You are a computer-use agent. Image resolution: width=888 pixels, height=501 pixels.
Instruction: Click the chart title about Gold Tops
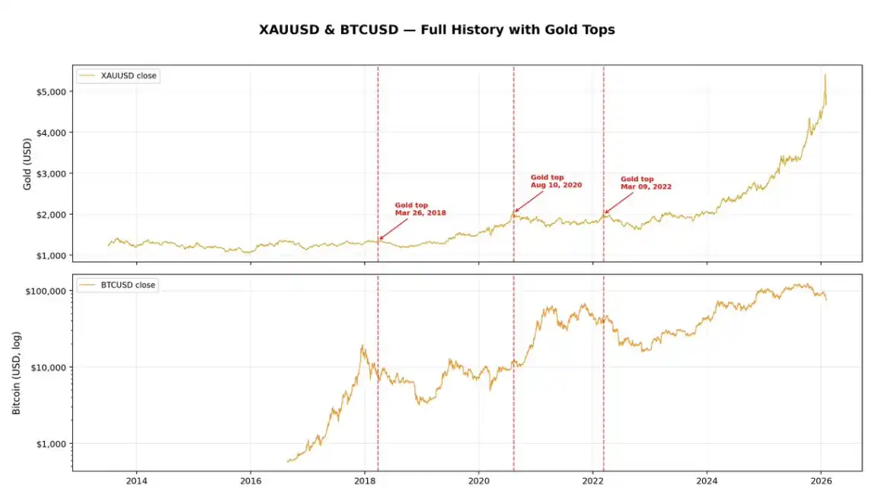click(x=437, y=30)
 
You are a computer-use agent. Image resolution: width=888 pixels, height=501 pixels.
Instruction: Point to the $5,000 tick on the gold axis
click(x=50, y=91)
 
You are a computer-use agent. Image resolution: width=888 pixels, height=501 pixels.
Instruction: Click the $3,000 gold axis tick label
click(x=50, y=174)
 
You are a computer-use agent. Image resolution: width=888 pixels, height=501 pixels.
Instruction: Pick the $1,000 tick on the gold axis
click(x=50, y=255)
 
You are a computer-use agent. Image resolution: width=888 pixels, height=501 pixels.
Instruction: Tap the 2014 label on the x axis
click(x=136, y=481)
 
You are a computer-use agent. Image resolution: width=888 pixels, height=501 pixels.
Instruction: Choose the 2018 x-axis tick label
click(x=365, y=481)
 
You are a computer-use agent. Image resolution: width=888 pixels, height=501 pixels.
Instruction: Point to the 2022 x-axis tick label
click(x=593, y=481)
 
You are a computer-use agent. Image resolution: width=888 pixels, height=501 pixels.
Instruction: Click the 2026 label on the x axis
click(x=820, y=481)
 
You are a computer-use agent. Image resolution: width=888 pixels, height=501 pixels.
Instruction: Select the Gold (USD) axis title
click(x=27, y=164)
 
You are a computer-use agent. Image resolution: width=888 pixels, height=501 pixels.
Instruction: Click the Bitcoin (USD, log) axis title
click(x=17, y=373)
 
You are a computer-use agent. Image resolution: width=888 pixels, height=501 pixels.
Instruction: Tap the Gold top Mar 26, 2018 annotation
click(x=420, y=209)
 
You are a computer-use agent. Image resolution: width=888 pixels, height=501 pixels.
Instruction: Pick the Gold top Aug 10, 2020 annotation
click(x=556, y=181)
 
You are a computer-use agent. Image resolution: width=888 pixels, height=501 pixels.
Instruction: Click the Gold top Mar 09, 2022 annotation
click(x=646, y=183)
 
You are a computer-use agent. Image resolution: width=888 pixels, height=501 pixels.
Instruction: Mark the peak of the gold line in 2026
click(x=825, y=75)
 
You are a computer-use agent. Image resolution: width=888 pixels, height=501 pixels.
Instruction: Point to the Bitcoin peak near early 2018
click(x=363, y=346)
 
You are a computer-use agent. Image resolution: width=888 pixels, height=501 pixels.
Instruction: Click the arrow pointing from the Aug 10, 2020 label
click(x=530, y=200)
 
